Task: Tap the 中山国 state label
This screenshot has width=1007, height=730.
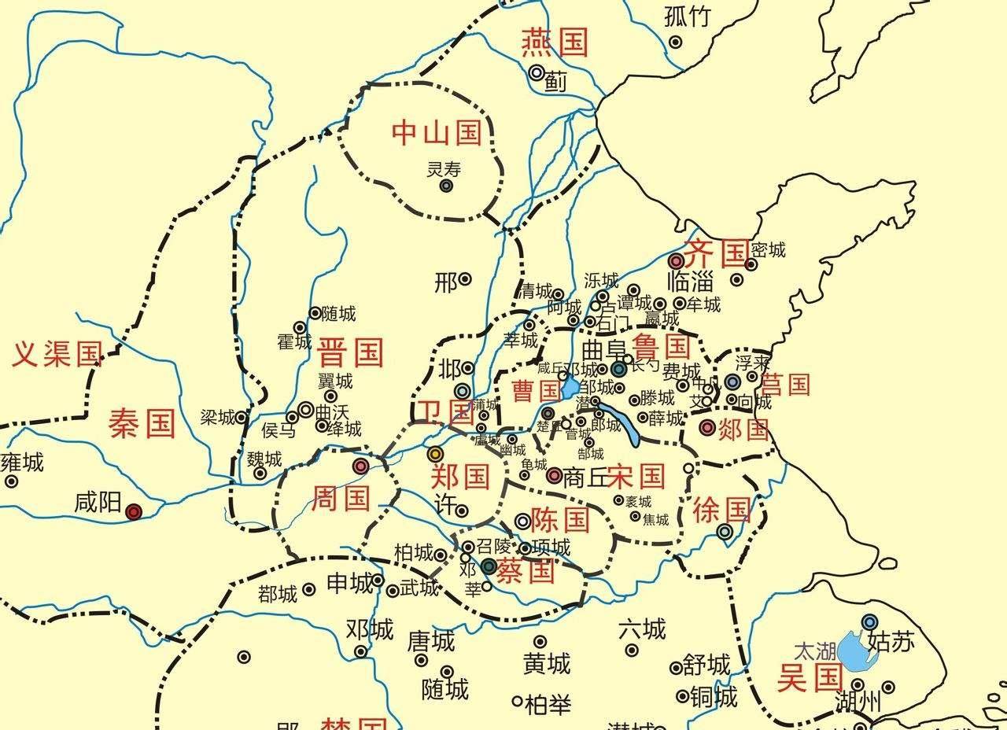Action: (x=437, y=132)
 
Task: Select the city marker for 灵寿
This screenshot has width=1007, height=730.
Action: (x=446, y=186)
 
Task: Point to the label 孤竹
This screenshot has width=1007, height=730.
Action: (x=687, y=17)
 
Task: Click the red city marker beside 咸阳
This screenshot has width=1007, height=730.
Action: (x=134, y=512)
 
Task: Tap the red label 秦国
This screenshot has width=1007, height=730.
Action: (x=142, y=424)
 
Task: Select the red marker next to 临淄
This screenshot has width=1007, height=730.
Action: (x=676, y=260)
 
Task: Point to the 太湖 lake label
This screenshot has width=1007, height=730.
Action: (x=814, y=651)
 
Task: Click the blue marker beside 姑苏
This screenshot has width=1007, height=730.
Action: (x=869, y=621)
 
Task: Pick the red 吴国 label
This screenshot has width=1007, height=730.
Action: (x=810, y=677)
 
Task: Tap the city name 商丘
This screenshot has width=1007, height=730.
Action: (x=585, y=477)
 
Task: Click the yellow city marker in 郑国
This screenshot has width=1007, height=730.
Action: (x=434, y=453)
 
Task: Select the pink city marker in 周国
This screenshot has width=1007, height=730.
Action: (x=360, y=466)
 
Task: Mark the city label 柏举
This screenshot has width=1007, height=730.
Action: (x=548, y=703)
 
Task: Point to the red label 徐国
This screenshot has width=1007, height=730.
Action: (x=722, y=511)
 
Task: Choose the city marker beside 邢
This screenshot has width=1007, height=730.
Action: (x=465, y=278)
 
